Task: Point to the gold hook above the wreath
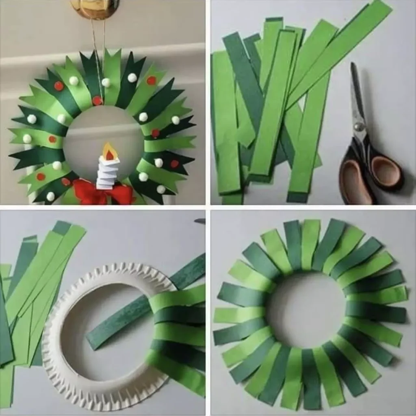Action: pos(95,8)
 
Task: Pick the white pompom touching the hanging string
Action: pos(106,82)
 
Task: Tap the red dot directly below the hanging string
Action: pos(97,100)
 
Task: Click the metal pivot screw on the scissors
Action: pos(359,127)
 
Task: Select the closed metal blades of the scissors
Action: pos(356,93)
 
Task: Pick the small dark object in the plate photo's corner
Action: pos(200,221)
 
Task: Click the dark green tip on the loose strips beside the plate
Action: pos(62,227)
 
